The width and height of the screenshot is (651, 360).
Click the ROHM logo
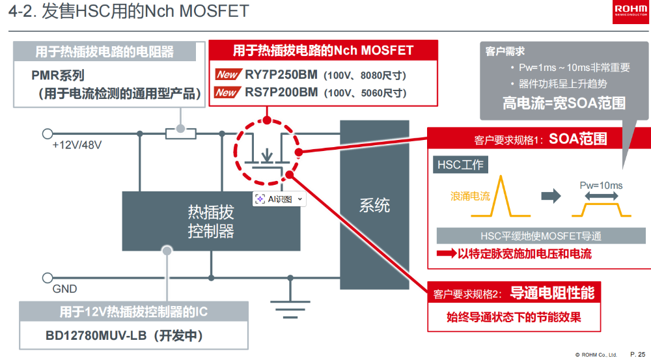(x=630, y=12)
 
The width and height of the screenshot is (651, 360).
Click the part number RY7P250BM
(x=281, y=75)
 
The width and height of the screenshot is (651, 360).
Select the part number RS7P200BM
(x=281, y=92)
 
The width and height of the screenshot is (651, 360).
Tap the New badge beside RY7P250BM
(x=228, y=75)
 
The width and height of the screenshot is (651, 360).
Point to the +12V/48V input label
(x=77, y=145)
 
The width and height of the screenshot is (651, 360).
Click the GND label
(x=64, y=289)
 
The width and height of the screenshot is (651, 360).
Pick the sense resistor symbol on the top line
(x=180, y=133)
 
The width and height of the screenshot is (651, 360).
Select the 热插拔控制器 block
(x=211, y=221)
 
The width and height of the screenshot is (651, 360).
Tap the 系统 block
(x=374, y=204)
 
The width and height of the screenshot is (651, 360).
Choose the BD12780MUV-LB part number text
(x=96, y=335)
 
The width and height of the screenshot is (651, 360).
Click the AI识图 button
(x=279, y=199)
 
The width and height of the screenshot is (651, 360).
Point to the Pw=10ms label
(x=601, y=186)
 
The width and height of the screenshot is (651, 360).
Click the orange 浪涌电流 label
(x=470, y=196)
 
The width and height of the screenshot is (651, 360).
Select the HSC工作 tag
(x=460, y=165)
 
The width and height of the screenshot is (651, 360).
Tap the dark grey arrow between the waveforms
(x=551, y=196)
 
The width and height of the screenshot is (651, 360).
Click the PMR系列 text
(x=58, y=76)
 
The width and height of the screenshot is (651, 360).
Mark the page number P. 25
(x=637, y=354)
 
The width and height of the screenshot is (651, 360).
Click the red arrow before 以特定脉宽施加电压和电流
(x=447, y=254)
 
